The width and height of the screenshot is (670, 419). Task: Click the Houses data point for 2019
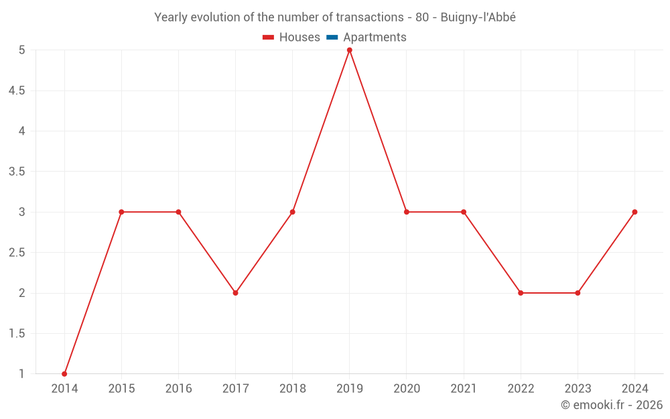tap(349, 50)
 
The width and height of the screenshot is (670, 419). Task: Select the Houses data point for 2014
tap(64, 373)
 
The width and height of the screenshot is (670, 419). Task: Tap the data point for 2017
tap(235, 293)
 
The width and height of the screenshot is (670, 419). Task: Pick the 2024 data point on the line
tap(634, 212)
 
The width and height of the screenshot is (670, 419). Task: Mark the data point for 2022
tap(521, 293)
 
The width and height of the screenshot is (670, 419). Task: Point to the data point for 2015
tap(121, 212)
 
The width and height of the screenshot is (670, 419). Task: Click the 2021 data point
tap(464, 212)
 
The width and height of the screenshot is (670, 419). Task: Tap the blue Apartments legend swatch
tap(332, 38)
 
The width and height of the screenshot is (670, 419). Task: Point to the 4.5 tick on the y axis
tap(17, 91)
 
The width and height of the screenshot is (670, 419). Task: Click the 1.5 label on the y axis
tap(17, 333)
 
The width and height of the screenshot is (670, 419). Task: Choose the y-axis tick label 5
tap(21, 50)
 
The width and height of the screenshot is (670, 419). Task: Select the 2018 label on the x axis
tap(292, 389)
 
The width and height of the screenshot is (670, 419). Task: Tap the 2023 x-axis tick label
tap(578, 389)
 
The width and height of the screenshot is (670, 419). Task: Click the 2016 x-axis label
tap(178, 389)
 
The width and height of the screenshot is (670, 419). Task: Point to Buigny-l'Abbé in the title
tap(478, 17)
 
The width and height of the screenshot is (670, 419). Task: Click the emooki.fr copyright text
tap(611, 405)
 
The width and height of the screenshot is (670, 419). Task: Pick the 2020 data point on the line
tap(406, 212)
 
